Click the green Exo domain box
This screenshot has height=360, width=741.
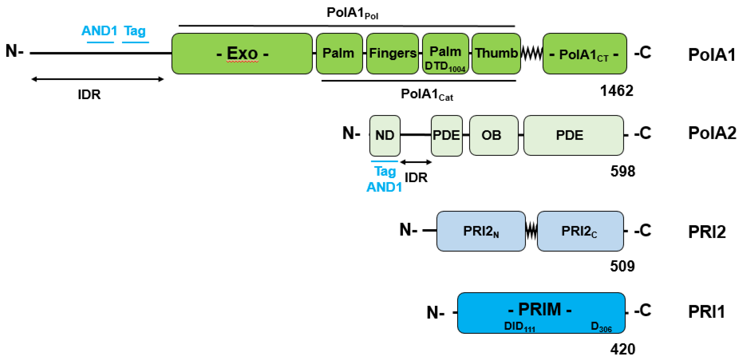(242, 54)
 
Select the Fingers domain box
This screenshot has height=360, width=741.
(392, 54)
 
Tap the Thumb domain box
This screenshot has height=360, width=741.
(496, 54)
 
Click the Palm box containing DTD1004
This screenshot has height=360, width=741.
(445, 54)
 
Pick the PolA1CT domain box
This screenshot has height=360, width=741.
(584, 54)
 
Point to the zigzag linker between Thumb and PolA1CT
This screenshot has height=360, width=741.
(532, 54)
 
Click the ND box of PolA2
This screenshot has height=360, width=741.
(385, 135)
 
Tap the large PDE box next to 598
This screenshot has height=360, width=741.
(573, 135)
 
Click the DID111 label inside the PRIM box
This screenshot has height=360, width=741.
(519, 327)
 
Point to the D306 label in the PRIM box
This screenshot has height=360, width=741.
(601, 327)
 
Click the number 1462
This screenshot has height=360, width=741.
(616, 91)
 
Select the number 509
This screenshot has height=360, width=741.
(622, 266)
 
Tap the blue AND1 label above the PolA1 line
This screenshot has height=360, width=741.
(99, 31)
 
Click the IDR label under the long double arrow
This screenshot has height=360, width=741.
(89, 94)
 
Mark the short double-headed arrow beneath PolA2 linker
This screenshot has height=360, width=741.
(416, 162)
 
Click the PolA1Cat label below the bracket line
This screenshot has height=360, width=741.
(427, 94)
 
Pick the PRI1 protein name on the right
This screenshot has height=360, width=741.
(706, 312)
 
